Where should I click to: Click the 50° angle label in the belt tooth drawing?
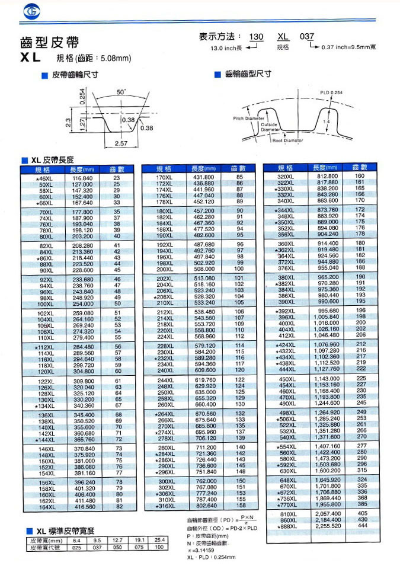tap(121, 92)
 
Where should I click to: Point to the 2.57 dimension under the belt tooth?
tap(121, 143)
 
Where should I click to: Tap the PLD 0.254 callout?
tap(332, 92)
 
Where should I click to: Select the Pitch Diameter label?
tap(248, 119)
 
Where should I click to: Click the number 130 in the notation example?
tap(255, 37)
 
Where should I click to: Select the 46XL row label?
tap(44, 178)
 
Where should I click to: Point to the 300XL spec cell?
tap(164, 480)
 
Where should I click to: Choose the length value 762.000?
tap(204, 480)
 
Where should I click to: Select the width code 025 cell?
tap(77, 548)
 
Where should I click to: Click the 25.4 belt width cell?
tap(159, 541)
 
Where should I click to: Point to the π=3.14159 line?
tap(200, 551)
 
